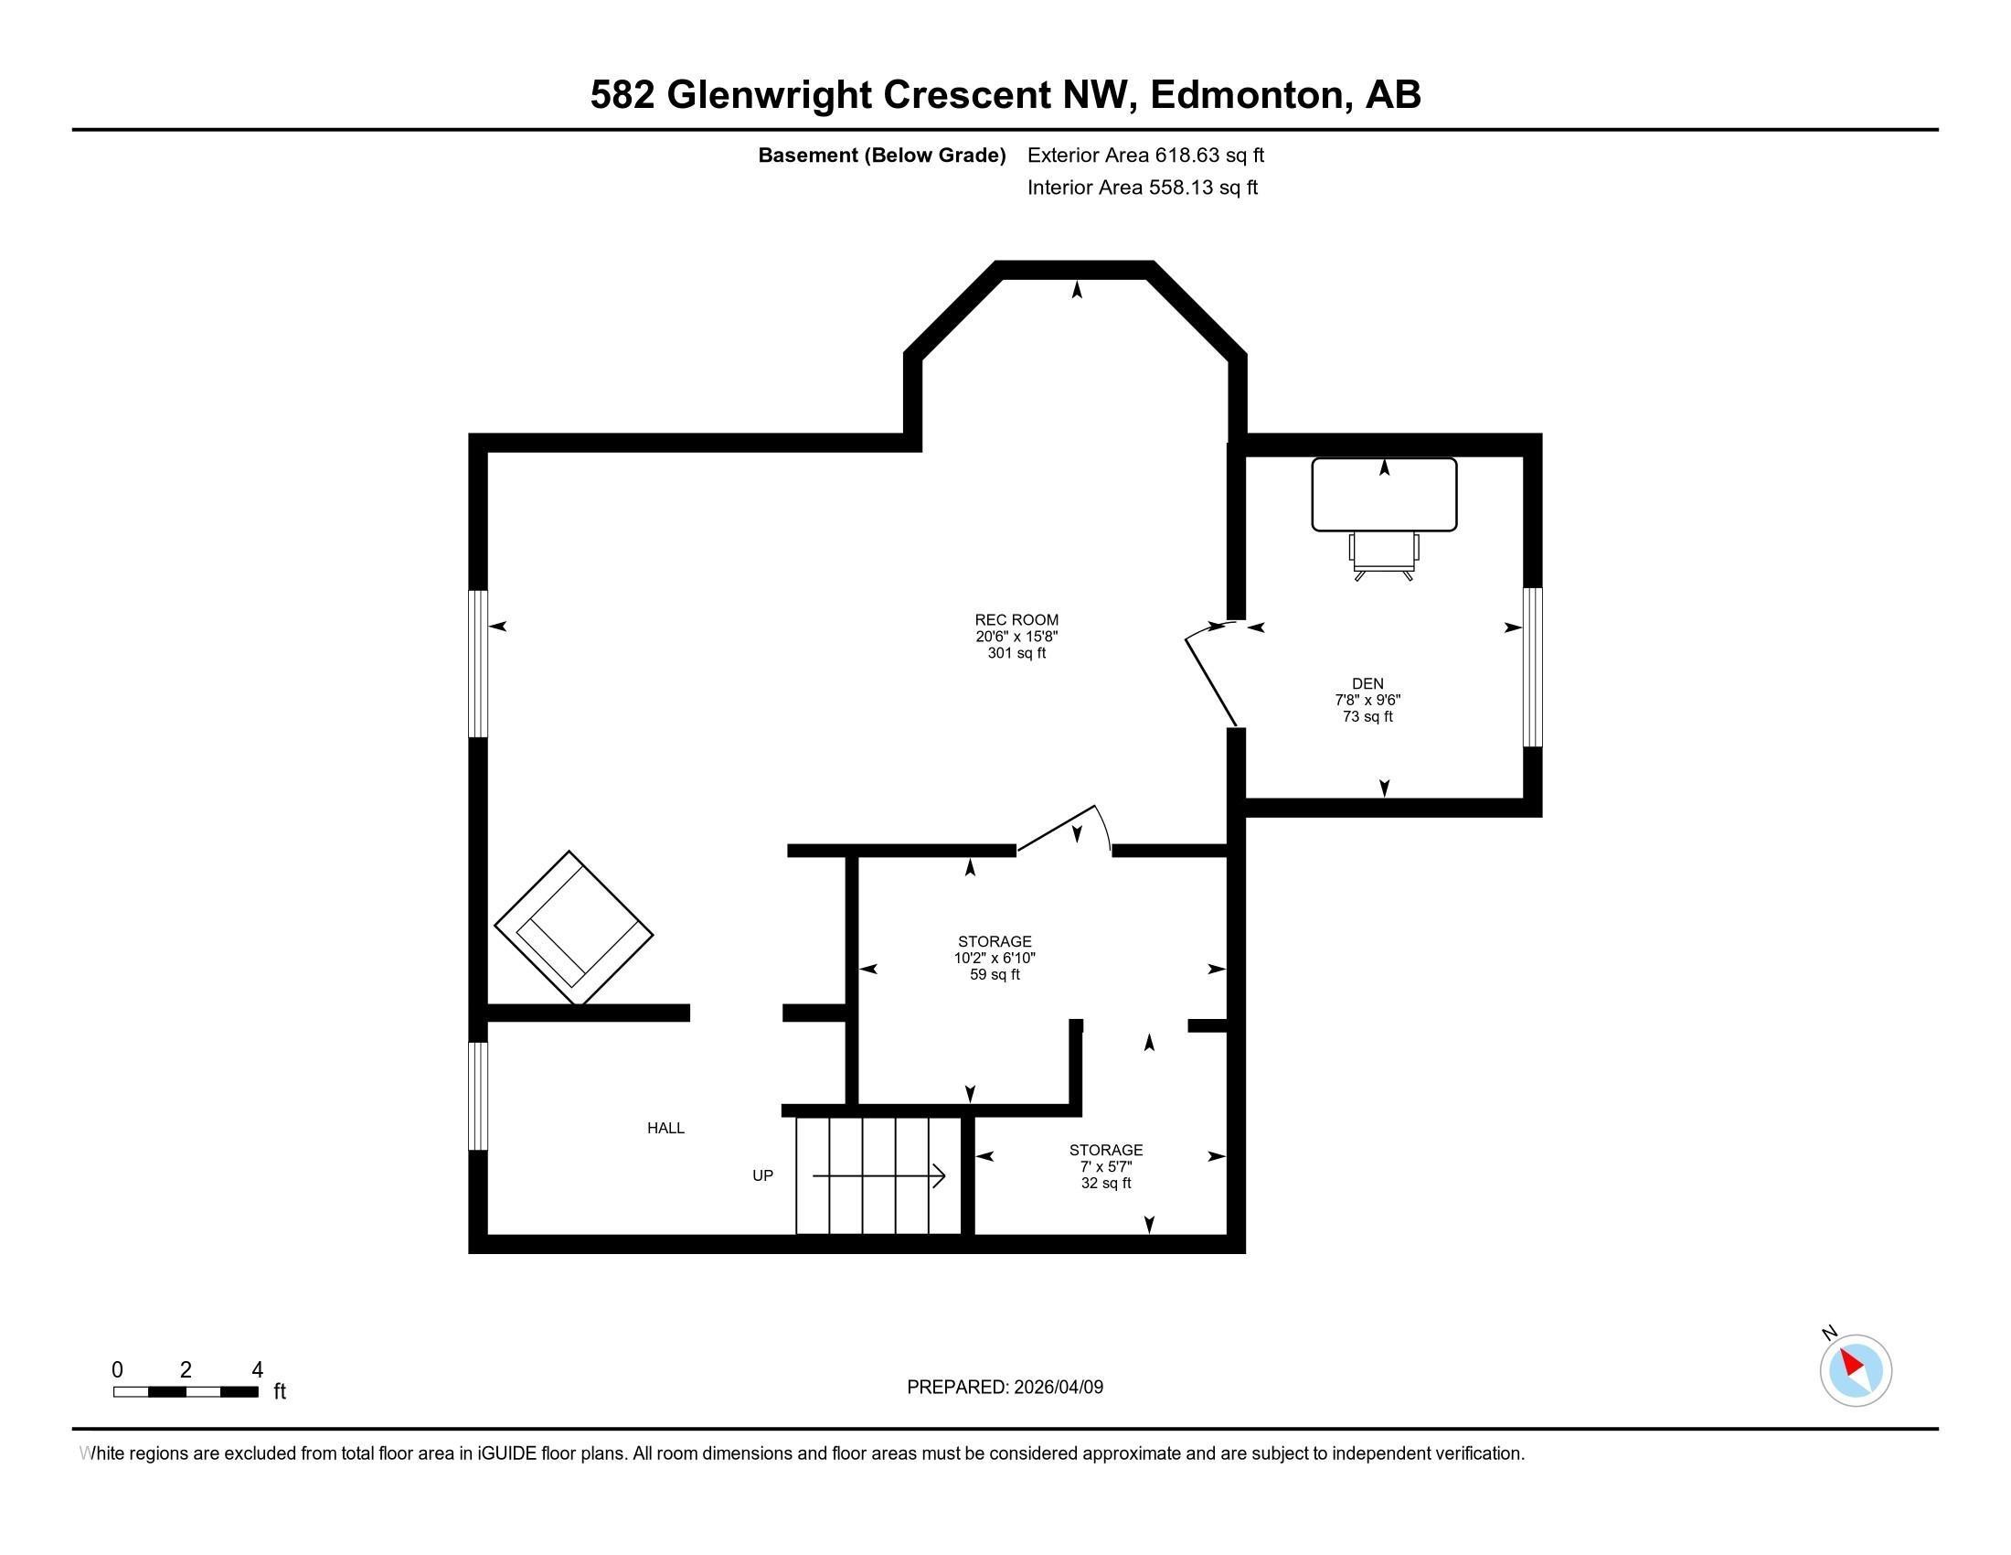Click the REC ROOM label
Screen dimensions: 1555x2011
tap(1016, 620)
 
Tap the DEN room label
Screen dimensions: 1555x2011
tap(1367, 683)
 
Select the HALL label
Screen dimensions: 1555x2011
tap(665, 1128)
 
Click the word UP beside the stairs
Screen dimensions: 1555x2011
tap(762, 1175)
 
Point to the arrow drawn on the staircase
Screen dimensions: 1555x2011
tap(878, 1176)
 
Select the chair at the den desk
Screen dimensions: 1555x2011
tap(1384, 555)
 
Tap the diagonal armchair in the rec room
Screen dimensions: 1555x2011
tap(574, 928)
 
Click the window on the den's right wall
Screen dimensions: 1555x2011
tap(1532, 667)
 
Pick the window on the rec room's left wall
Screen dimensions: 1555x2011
tap(478, 663)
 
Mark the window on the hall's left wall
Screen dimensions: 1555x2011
tap(478, 1096)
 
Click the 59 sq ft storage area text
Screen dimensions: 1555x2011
tap(995, 975)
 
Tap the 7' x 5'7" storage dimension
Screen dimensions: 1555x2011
tap(1106, 1166)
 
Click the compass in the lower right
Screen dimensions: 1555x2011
tap(1856, 1370)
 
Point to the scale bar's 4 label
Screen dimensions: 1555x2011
tap(257, 1370)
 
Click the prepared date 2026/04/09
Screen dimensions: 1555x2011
tap(1057, 1388)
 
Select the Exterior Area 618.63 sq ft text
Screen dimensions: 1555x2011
tap(1145, 155)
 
